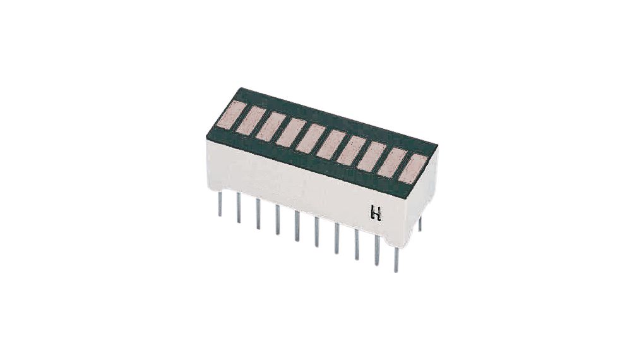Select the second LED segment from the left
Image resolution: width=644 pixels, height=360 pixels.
click(x=246, y=119)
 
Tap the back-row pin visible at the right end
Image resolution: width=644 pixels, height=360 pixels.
click(x=420, y=223)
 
